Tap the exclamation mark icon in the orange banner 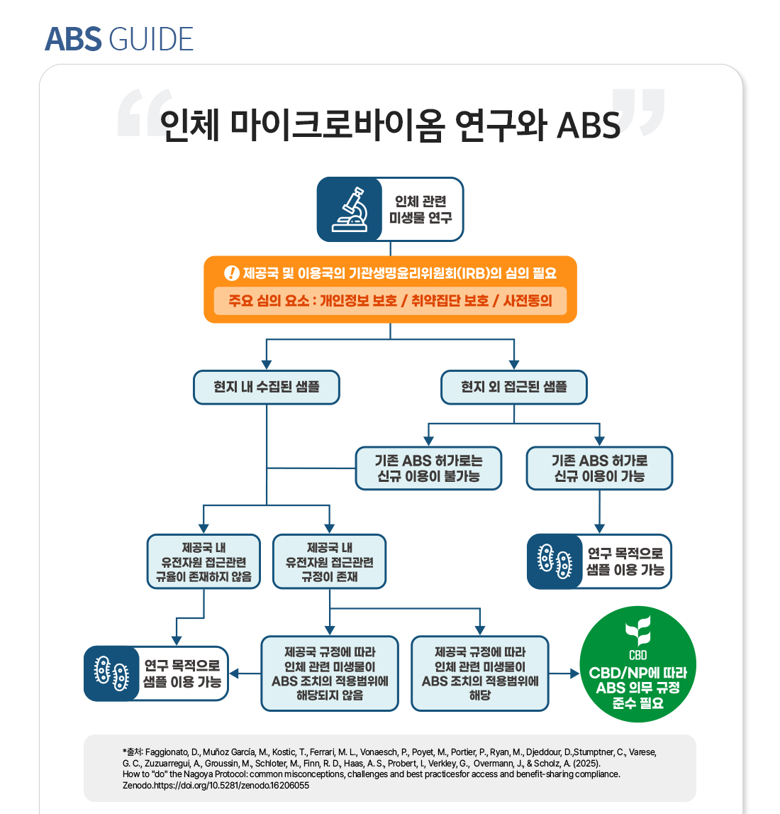pyautogui.click(x=231, y=273)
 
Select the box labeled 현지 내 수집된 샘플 pyautogui.click(x=267, y=387)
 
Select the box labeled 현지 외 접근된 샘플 pyautogui.click(x=514, y=387)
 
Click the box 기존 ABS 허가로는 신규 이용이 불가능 pyautogui.click(x=428, y=468)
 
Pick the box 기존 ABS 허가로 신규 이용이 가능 pyautogui.click(x=599, y=468)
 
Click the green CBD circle pyautogui.click(x=637, y=665)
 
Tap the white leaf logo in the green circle pyautogui.click(x=637, y=629)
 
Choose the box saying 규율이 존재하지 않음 pyautogui.click(x=204, y=562)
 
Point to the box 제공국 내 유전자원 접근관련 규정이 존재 pyautogui.click(x=330, y=562)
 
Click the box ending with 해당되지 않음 pyautogui.click(x=330, y=673)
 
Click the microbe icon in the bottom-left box pyautogui.click(x=111, y=673)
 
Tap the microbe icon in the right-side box pyautogui.click(x=555, y=562)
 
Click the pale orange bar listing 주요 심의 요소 pyautogui.click(x=390, y=300)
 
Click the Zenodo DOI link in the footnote pyautogui.click(x=227, y=786)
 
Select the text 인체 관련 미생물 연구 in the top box pyautogui.click(x=420, y=209)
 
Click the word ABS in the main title pyautogui.click(x=589, y=125)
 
